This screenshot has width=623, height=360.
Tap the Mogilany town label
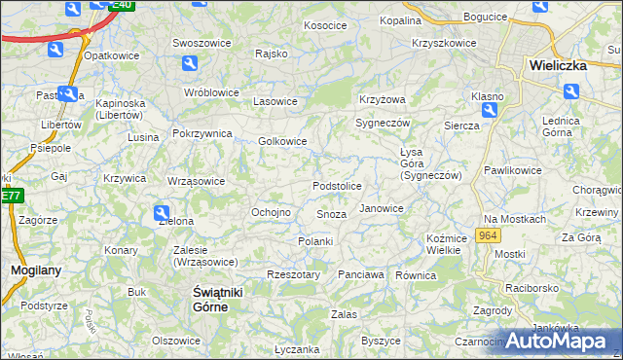30,270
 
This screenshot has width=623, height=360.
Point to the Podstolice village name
337,186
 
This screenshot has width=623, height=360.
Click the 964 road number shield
489,236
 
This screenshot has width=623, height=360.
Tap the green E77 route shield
10,196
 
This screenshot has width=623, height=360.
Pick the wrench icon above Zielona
163,213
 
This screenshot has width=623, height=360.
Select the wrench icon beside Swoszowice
190,63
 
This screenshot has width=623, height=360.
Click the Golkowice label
283,141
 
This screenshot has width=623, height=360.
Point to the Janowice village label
381,208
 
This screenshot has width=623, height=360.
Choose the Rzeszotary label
293,274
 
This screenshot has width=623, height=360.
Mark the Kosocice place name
325,25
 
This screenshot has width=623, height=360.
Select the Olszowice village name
176,341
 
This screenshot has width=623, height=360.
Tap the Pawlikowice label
512,170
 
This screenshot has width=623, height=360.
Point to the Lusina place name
143,137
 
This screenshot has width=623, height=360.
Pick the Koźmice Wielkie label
444,244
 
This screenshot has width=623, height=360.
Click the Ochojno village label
272,212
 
